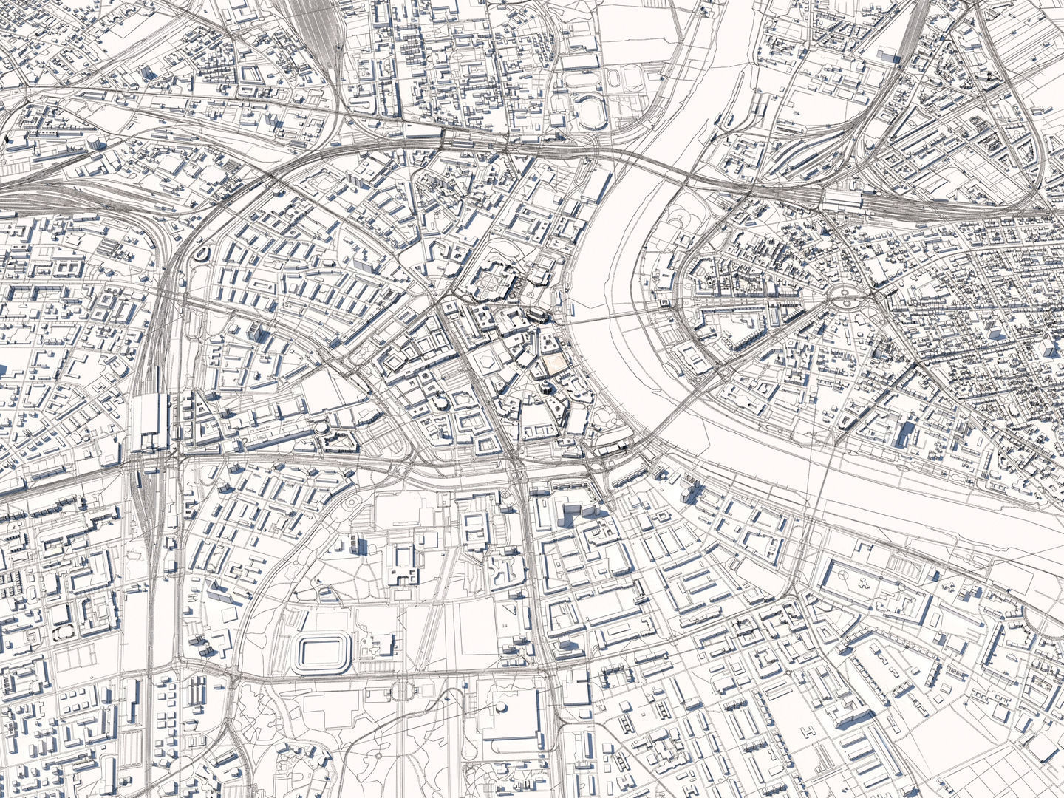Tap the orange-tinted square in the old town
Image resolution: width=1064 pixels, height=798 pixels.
(x=554, y=364)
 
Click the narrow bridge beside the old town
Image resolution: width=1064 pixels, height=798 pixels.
(x=606, y=316)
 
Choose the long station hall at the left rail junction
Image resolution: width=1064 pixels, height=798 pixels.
(x=152, y=422)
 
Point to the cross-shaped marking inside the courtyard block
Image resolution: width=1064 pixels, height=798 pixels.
(x=862, y=582)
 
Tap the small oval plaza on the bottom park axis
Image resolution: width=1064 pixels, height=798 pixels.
(x=405, y=691)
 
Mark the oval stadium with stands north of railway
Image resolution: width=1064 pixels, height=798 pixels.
(x=590, y=111)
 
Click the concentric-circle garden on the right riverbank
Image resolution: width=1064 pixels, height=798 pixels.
(x=678, y=217)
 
